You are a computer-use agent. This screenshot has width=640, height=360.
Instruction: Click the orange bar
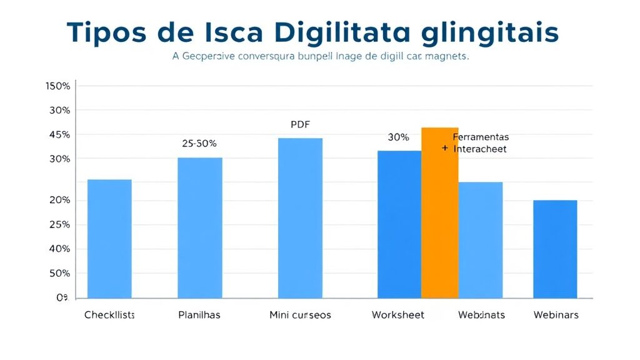click(440, 212)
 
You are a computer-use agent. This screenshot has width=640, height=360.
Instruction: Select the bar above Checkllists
click(109, 239)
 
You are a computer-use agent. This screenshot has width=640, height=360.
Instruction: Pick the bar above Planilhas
click(200, 227)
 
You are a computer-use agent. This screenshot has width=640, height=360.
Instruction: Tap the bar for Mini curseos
click(300, 218)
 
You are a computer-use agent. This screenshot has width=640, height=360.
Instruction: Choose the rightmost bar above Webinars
click(555, 249)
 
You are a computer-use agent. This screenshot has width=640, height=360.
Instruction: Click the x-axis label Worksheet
click(398, 315)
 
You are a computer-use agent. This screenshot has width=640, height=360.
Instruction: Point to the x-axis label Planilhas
click(199, 315)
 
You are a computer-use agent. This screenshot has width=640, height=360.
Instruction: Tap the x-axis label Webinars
click(556, 315)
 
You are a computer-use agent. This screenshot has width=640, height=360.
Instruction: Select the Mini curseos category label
click(300, 315)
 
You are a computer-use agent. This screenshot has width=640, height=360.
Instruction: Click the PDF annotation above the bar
click(300, 124)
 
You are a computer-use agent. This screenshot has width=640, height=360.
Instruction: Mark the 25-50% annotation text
click(199, 143)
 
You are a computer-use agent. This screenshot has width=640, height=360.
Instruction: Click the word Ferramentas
click(481, 137)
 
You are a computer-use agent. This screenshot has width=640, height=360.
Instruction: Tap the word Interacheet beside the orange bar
click(480, 149)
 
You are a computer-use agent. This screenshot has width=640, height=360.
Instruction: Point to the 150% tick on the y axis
click(58, 86)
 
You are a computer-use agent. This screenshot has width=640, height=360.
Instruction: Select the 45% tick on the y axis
click(59, 135)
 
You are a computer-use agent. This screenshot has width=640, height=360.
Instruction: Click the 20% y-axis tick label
click(59, 201)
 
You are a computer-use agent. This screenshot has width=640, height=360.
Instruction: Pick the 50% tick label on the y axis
click(59, 274)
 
